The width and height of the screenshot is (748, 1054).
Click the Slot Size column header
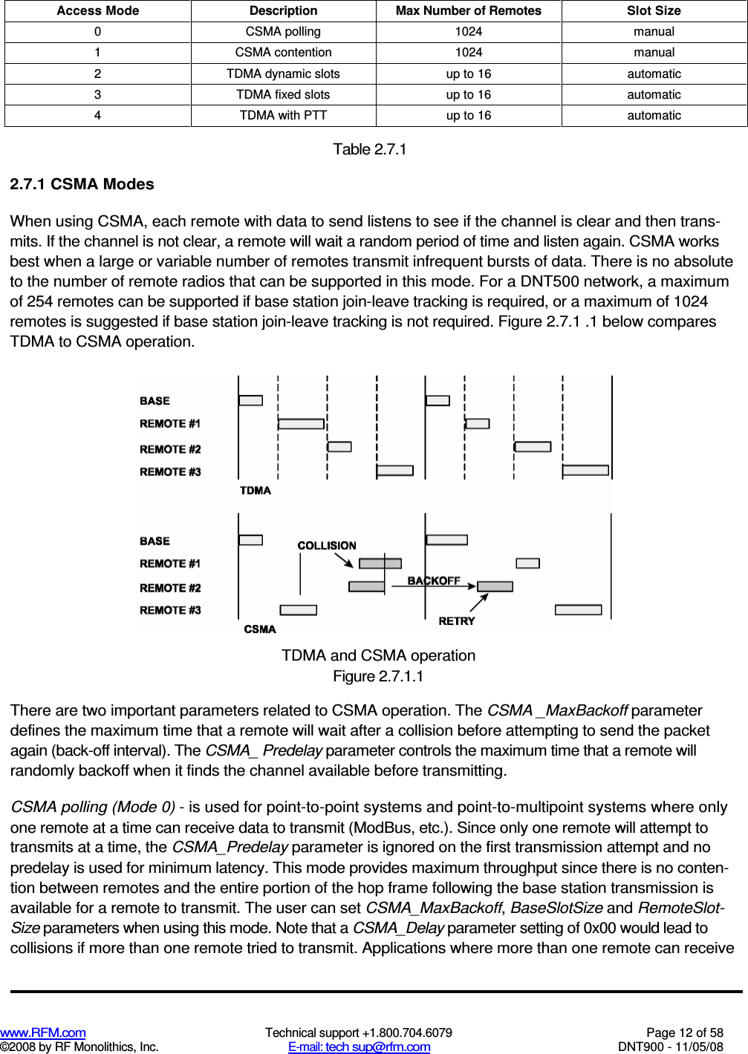point(654,10)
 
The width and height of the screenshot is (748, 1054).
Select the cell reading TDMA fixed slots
point(283,94)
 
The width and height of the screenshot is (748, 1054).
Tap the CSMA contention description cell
point(283,53)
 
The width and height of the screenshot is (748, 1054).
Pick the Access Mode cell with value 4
point(97,115)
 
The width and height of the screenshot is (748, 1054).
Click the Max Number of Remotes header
point(468,10)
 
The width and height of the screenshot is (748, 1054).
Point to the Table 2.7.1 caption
point(369,149)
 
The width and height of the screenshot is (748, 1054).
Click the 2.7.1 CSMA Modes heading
point(82,184)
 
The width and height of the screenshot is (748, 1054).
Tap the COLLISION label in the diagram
point(327,546)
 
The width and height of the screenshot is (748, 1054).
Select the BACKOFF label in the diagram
point(434,580)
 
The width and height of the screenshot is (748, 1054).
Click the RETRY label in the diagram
point(456,621)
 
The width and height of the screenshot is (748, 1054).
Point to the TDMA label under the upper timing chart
point(255,490)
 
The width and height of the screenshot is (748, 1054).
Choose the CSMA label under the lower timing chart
point(260,629)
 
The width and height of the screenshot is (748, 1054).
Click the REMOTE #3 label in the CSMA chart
point(170,610)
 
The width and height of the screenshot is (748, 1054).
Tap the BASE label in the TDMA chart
point(155,401)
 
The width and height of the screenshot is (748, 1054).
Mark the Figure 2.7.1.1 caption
point(378,676)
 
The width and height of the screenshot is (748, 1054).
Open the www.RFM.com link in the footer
point(43,1032)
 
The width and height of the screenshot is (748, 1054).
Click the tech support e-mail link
point(359,1047)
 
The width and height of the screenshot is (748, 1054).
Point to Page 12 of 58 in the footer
point(684,1032)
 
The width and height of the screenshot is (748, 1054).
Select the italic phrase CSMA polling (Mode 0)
point(93,807)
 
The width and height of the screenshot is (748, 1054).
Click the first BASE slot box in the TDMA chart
point(251,401)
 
